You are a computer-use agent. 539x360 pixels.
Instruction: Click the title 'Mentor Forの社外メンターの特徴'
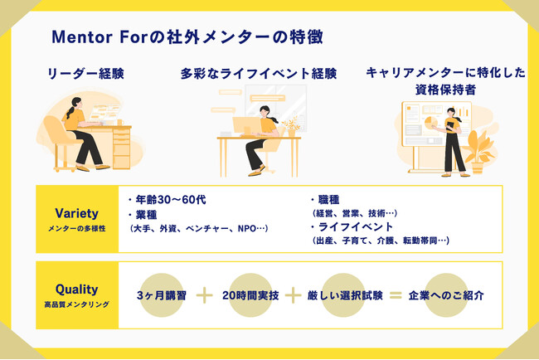coord(187,37)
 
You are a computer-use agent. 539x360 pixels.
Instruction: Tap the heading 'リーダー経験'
coord(85,74)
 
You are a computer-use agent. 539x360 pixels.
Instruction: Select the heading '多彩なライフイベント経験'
coord(259,74)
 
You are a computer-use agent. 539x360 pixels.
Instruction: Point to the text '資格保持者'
coord(445,90)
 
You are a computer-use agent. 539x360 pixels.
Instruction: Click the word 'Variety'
coord(76,213)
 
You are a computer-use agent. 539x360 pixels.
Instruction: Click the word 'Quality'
coord(76,289)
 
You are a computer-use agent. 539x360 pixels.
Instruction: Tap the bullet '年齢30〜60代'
coord(168,199)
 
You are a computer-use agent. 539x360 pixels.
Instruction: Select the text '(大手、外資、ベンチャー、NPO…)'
coord(198,229)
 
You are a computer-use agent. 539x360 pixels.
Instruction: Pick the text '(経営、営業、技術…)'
coord(354,213)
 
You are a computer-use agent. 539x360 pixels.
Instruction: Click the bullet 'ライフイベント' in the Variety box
coord(352,227)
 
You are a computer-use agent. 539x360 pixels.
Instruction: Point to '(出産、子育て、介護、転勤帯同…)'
coord(380,241)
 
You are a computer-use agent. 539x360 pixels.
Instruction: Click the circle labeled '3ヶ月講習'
coord(161,295)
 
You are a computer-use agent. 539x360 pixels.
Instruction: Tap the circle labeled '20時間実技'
coord(250,295)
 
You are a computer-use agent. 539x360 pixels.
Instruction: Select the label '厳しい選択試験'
coord(345,295)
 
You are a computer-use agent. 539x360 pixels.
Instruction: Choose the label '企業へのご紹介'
coord(446,295)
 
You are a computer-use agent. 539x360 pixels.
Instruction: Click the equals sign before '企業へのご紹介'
coord(396,295)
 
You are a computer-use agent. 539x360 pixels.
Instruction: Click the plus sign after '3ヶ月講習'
coord(205,295)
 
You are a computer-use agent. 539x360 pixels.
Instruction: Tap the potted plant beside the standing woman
coord(479,151)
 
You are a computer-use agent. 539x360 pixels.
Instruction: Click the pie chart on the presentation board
coord(431,123)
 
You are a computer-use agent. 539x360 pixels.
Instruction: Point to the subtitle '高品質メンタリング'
coord(76,304)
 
